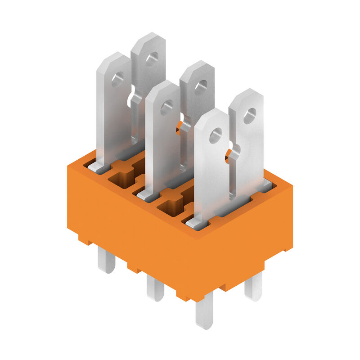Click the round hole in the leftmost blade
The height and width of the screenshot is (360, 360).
click(x=118, y=80)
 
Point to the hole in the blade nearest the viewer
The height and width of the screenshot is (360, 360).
click(x=216, y=135)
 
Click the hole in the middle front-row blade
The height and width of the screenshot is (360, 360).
click(x=166, y=107)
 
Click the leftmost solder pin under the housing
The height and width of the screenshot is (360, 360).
click(x=107, y=261)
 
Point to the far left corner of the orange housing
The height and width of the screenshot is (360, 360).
click(x=68, y=167)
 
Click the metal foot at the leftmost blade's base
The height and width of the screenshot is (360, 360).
click(x=97, y=167)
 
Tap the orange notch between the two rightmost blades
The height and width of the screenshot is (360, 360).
click(x=233, y=154)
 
